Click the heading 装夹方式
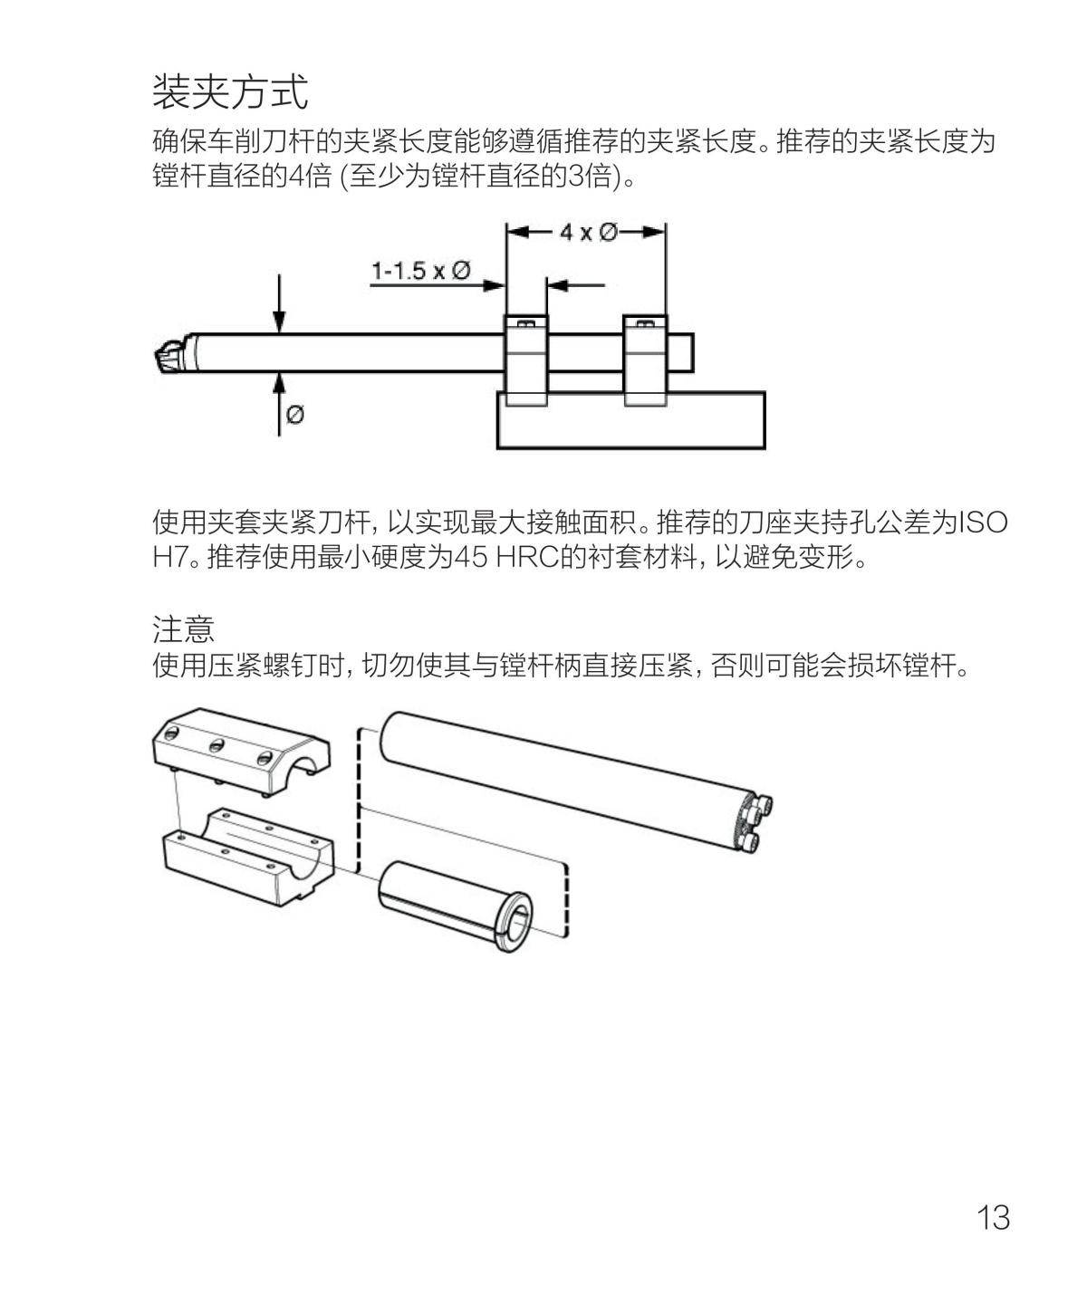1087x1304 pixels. tap(230, 91)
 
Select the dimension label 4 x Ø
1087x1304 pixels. tap(588, 232)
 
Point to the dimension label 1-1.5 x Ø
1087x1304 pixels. tap(420, 271)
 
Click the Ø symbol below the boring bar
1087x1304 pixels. tap(295, 415)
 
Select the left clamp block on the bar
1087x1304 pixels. tap(525, 360)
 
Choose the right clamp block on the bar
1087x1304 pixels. tap(645, 360)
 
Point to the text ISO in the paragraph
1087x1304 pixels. tap(983, 523)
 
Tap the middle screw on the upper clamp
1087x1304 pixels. tap(216, 745)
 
